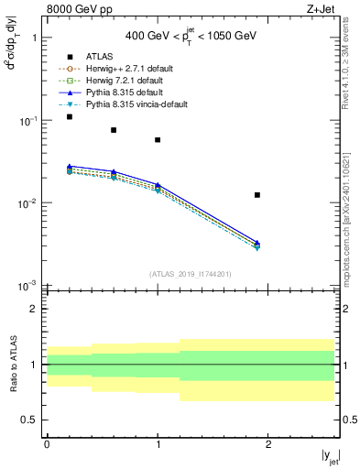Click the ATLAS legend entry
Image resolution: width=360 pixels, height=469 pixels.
coord(98,55)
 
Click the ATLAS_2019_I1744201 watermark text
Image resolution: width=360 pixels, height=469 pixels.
coord(191,274)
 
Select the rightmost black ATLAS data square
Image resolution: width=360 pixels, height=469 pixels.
coord(257,195)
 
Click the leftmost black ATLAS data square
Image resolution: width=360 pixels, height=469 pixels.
coord(70,117)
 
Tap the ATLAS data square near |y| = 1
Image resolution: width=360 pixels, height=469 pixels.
coord(158,140)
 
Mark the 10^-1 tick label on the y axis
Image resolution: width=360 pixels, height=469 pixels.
coord(27,121)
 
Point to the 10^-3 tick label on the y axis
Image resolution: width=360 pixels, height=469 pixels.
coord(27,286)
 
